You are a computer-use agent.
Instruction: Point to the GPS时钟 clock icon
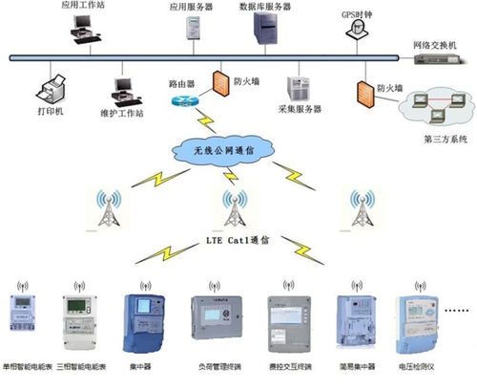353,31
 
